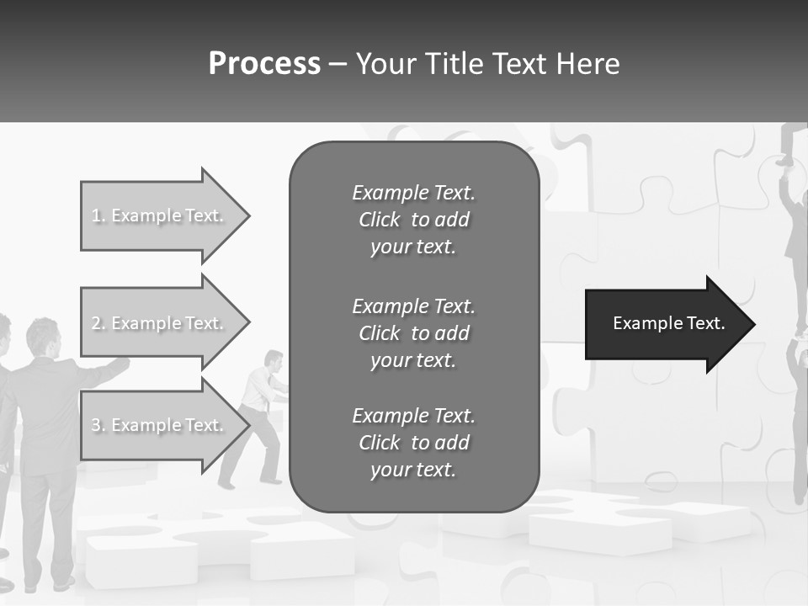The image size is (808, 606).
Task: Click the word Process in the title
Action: [264, 64]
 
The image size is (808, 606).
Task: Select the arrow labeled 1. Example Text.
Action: [160, 215]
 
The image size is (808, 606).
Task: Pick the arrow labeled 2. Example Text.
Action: [160, 323]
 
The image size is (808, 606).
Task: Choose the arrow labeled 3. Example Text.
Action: [160, 425]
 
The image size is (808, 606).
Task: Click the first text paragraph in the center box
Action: [413, 220]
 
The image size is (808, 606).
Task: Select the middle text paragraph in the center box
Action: [413, 332]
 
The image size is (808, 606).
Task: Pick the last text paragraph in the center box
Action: [413, 443]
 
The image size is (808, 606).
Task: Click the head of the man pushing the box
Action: [273, 359]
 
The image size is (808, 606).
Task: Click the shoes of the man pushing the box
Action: [248, 483]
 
